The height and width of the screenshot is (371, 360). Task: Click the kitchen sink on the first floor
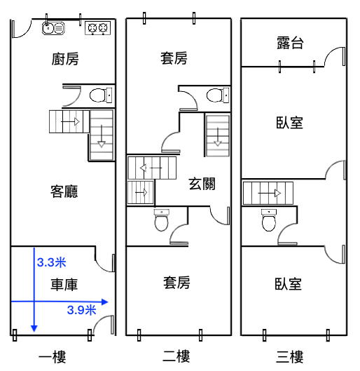click(x=53, y=28)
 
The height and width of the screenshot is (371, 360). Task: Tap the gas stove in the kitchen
click(x=98, y=28)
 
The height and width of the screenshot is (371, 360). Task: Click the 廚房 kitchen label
click(x=65, y=59)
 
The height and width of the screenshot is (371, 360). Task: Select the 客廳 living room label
click(x=64, y=191)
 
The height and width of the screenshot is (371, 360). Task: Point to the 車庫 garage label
click(x=64, y=285)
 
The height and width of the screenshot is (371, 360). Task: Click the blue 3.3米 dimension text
click(x=52, y=262)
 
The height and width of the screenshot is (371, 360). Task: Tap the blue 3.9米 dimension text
click(x=82, y=310)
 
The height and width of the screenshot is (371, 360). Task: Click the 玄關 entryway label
click(x=202, y=184)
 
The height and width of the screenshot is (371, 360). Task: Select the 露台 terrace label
click(x=290, y=43)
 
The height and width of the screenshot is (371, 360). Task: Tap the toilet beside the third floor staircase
click(x=269, y=220)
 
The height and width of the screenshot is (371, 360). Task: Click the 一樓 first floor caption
click(x=53, y=357)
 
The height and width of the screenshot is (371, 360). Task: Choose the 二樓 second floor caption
click(x=176, y=356)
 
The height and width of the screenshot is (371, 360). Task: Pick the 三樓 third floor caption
click(x=290, y=357)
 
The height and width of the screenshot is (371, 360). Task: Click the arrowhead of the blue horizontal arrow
click(x=104, y=302)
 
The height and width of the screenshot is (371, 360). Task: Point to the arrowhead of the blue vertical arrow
click(x=34, y=328)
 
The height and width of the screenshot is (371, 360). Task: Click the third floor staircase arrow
click(x=269, y=194)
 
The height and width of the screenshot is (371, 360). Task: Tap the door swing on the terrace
click(x=333, y=56)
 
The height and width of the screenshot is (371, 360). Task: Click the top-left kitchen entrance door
click(x=22, y=29)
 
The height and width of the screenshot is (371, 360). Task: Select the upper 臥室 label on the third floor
click(x=289, y=123)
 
